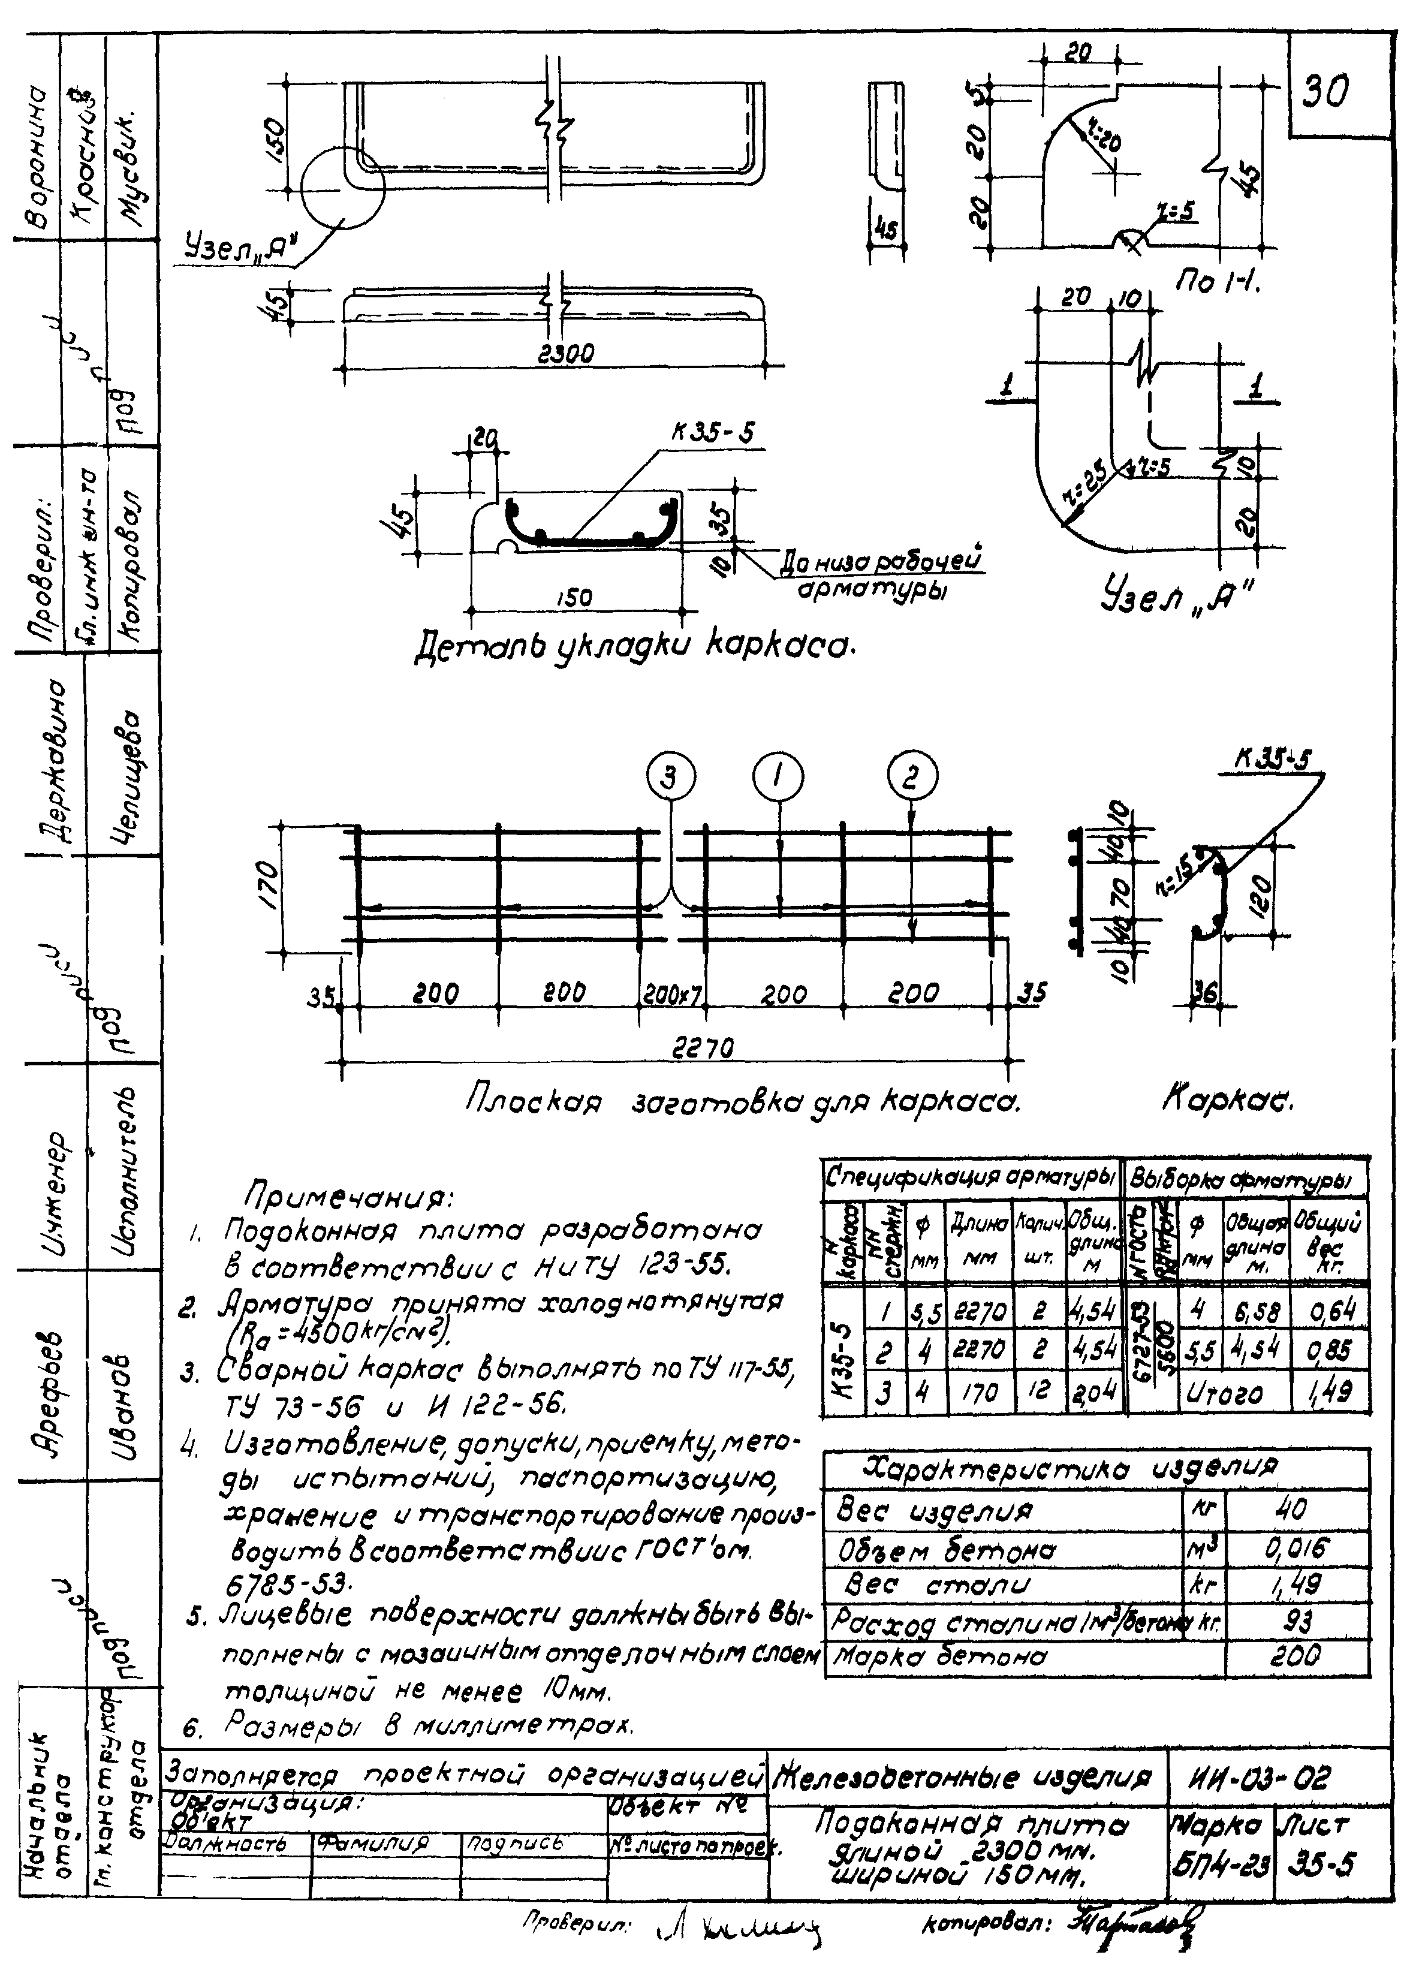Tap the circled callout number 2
[x=912, y=775]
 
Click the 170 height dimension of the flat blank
[x=270, y=884]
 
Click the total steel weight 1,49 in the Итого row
[x=1329, y=1393]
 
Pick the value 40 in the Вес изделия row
[x=1295, y=1508]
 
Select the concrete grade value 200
[x=1295, y=1655]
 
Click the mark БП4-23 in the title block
[x=1219, y=1864]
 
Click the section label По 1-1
[x=1219, y=280]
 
